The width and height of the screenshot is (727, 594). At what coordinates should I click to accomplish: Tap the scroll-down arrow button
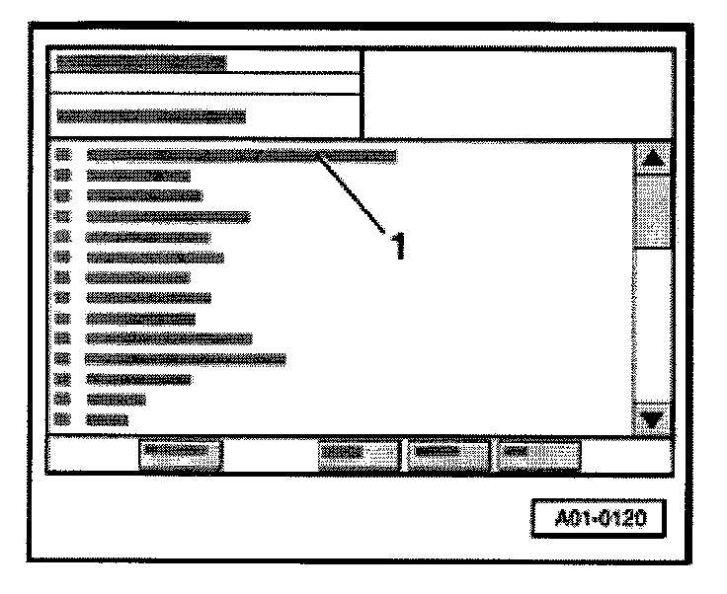point(652,418)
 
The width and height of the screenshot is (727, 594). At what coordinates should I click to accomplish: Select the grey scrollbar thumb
point(652,209)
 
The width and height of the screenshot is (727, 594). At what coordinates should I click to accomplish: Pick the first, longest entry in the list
point(241,155)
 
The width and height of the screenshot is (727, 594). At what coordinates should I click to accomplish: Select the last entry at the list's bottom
point(107,419)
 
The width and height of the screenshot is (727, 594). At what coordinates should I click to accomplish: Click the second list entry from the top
point(138,176)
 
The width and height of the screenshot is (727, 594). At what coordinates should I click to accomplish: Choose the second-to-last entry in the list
point(116,400)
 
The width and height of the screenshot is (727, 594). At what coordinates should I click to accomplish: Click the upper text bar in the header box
point(140,62)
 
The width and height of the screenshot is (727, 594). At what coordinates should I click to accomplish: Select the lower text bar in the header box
point(150,115)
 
